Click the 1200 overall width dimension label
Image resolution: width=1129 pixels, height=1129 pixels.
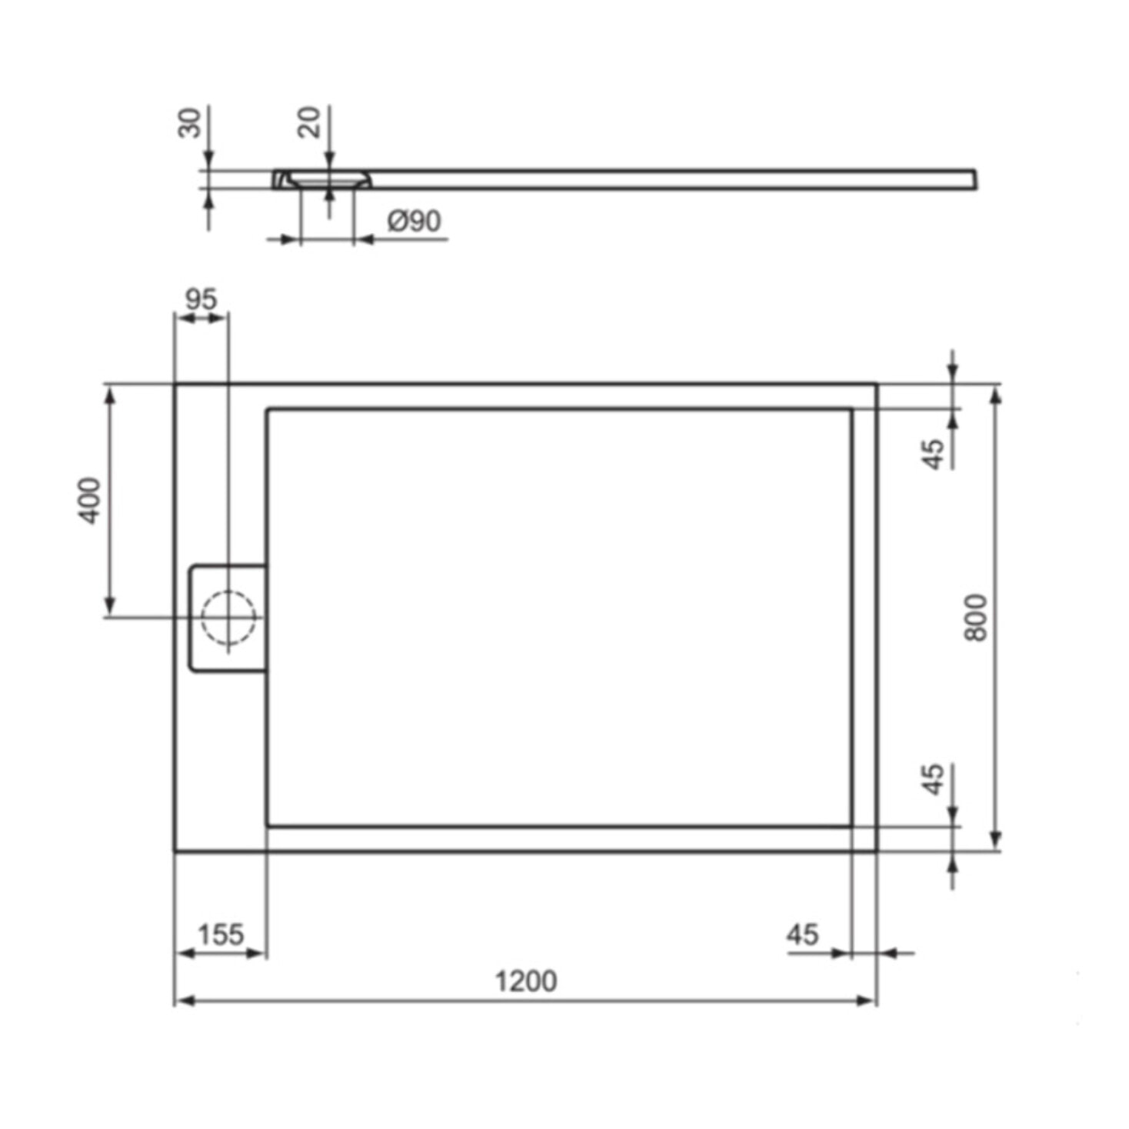point(525,981)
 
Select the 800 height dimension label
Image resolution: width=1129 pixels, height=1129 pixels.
point(975,617)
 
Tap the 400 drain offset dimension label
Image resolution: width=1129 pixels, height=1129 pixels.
point(90,501)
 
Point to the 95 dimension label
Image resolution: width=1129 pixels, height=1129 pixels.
point(201,299)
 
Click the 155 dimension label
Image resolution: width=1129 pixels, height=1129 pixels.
point(221,934)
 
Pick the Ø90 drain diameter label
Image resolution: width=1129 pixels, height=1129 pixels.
point(415,221)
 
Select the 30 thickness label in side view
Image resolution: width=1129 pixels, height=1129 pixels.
point(189,123)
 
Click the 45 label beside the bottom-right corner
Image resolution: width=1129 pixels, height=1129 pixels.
point(802,934)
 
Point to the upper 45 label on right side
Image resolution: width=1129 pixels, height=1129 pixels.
point(933,454)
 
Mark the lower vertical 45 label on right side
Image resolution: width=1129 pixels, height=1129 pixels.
point(933,779)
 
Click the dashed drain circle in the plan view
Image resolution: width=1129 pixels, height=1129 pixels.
point(228,617)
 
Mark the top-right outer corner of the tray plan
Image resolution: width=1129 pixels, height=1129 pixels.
point(877,383)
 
